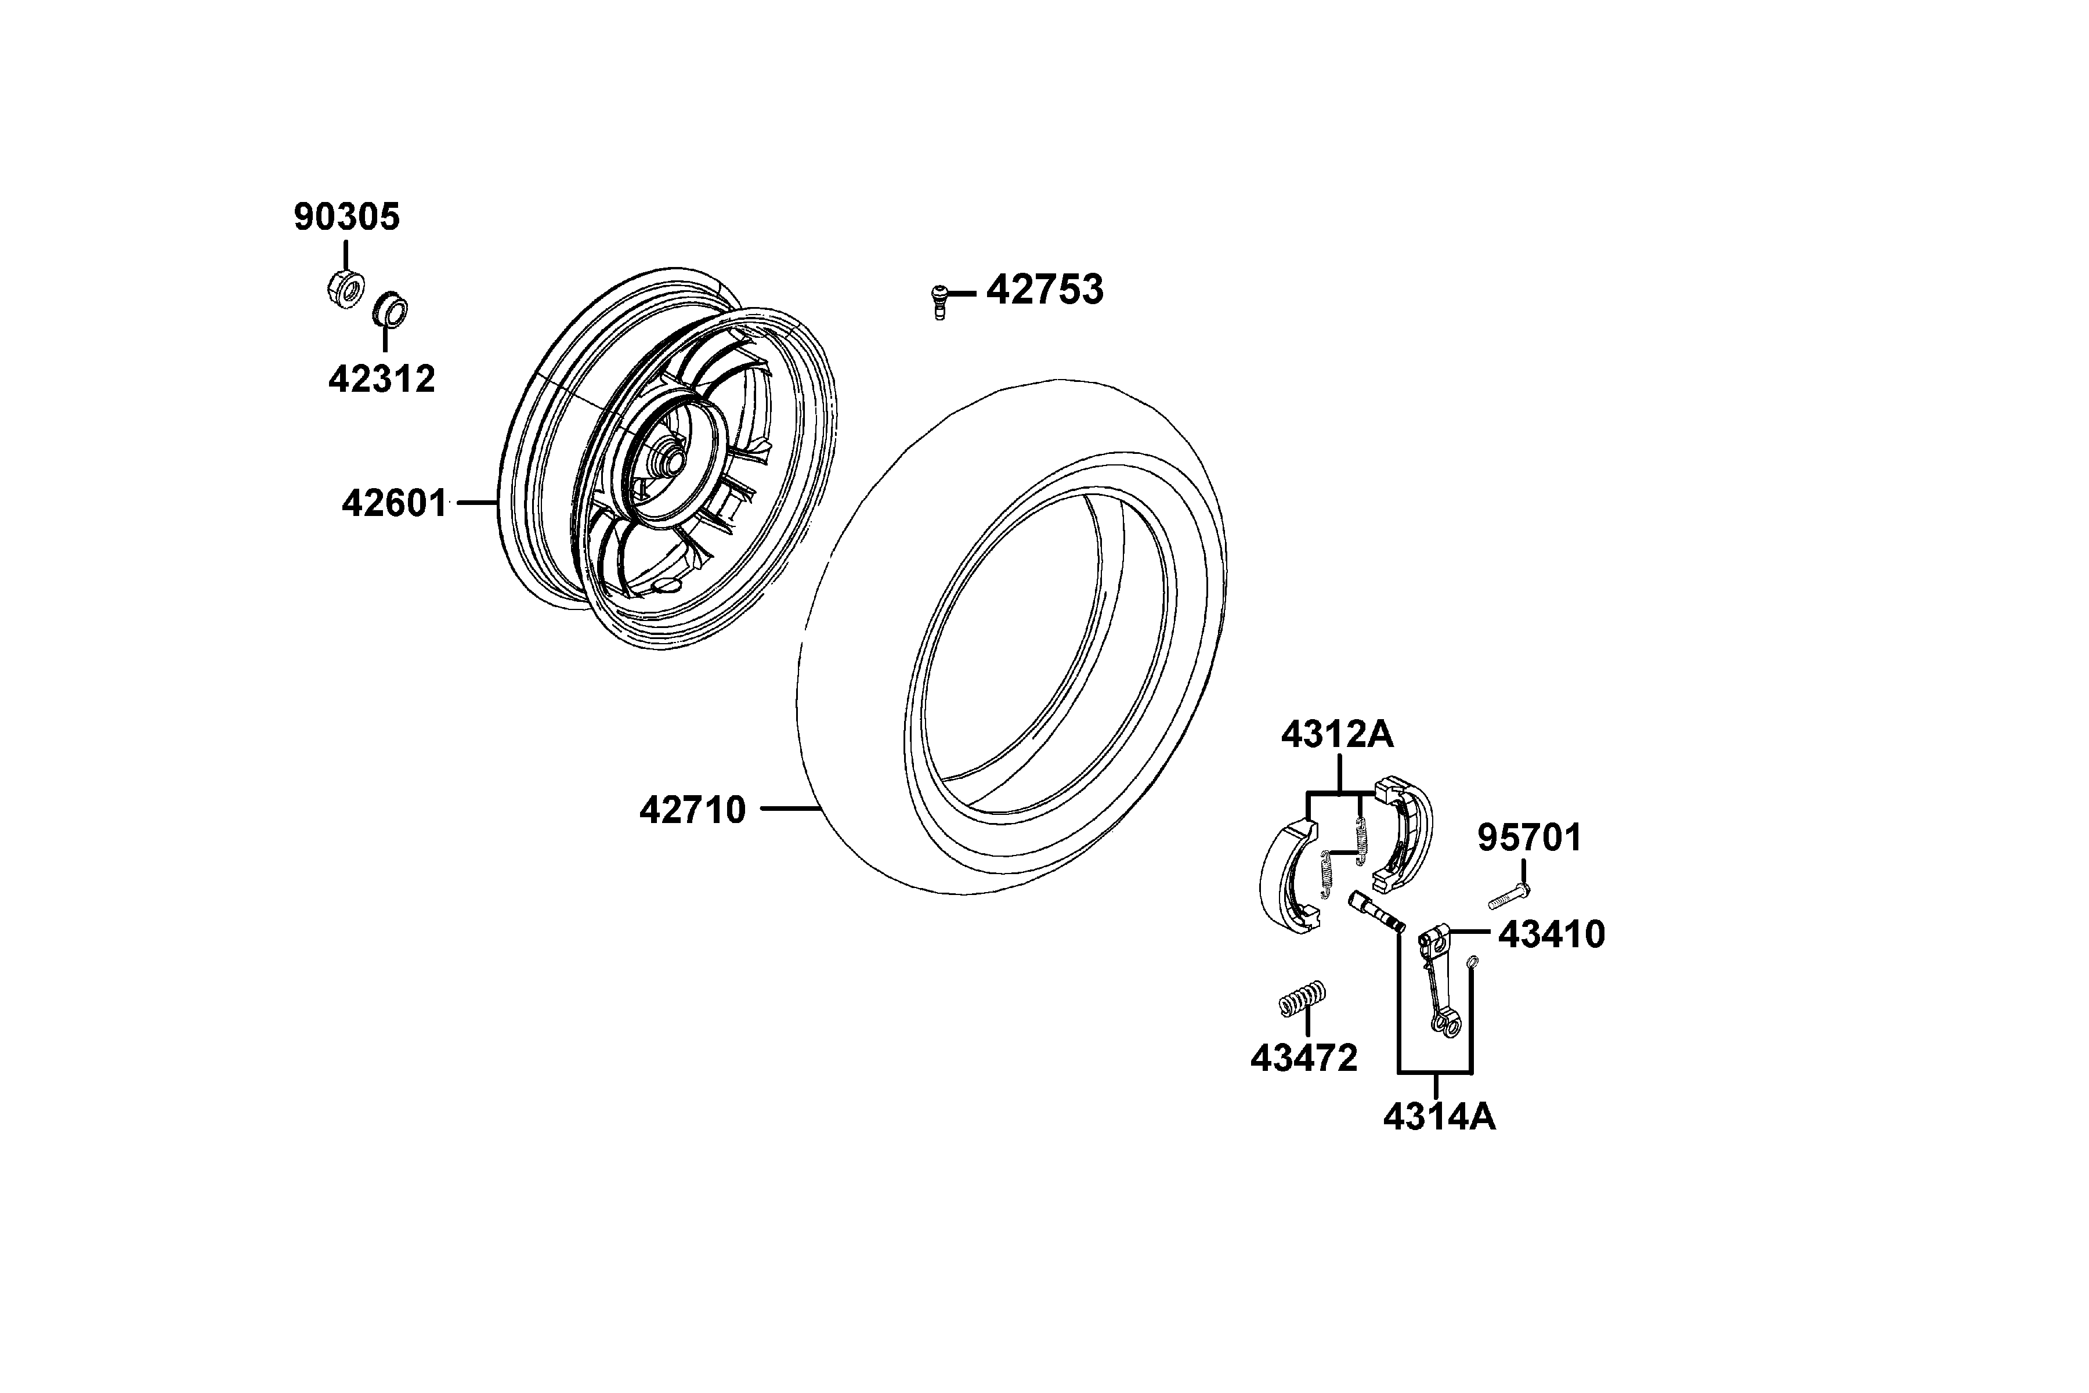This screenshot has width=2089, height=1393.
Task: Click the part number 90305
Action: [x=346, y=216]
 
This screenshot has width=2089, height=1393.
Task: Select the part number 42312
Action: [x=382, y=380]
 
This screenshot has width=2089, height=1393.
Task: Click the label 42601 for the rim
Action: [x=395, y=504]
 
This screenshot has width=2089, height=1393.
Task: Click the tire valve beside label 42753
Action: [x=939, y=301]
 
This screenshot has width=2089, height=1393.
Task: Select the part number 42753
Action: [x=1044, y=290]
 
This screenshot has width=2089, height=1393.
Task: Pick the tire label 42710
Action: [x=693, y=810]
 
